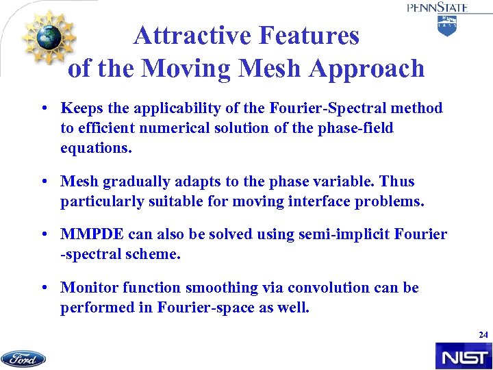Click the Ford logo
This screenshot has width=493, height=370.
[x=23, y=358]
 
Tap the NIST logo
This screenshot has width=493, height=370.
[x=463, y=356]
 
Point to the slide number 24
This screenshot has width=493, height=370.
[x=483, y=335]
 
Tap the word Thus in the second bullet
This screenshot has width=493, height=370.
[x=399, y=182]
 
